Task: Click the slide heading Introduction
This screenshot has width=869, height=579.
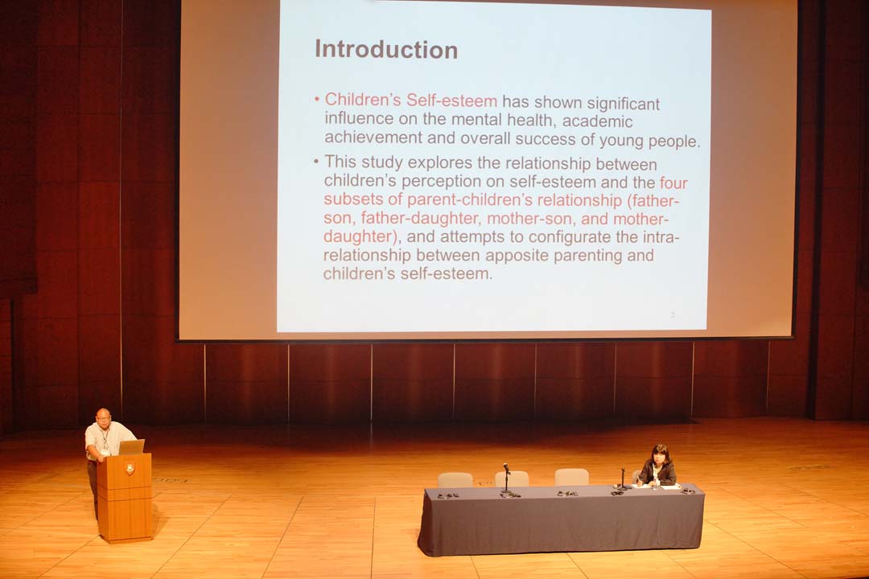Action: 386,49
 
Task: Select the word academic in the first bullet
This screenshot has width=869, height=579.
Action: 598,121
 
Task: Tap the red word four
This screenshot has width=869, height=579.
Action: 673,183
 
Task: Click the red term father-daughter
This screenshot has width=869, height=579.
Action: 419,218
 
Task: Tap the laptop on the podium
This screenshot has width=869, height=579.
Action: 131,447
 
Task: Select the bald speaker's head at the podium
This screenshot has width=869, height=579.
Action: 104,417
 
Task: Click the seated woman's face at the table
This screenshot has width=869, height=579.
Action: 660,458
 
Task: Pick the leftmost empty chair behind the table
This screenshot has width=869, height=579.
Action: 455,480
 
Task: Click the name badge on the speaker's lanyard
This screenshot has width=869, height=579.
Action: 104,452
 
